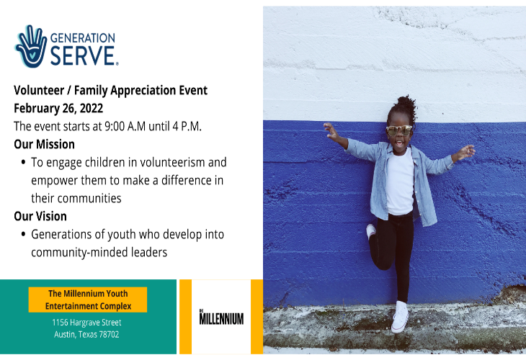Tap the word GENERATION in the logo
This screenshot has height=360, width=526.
click(82, 37)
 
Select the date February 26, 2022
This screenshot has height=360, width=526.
click(58, 108)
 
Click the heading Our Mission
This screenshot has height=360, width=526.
click(44, 144)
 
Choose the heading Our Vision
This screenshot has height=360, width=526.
click(40, 216)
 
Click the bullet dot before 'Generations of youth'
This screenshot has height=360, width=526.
click(24, 235)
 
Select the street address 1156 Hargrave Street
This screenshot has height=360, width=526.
click(87, 323)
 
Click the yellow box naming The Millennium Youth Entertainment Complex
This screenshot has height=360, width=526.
click(87, 300)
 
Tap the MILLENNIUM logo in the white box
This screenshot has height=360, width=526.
click(220, 318)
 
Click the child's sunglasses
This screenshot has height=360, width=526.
click(398, 130)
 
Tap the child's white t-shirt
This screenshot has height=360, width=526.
click(398, 180)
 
